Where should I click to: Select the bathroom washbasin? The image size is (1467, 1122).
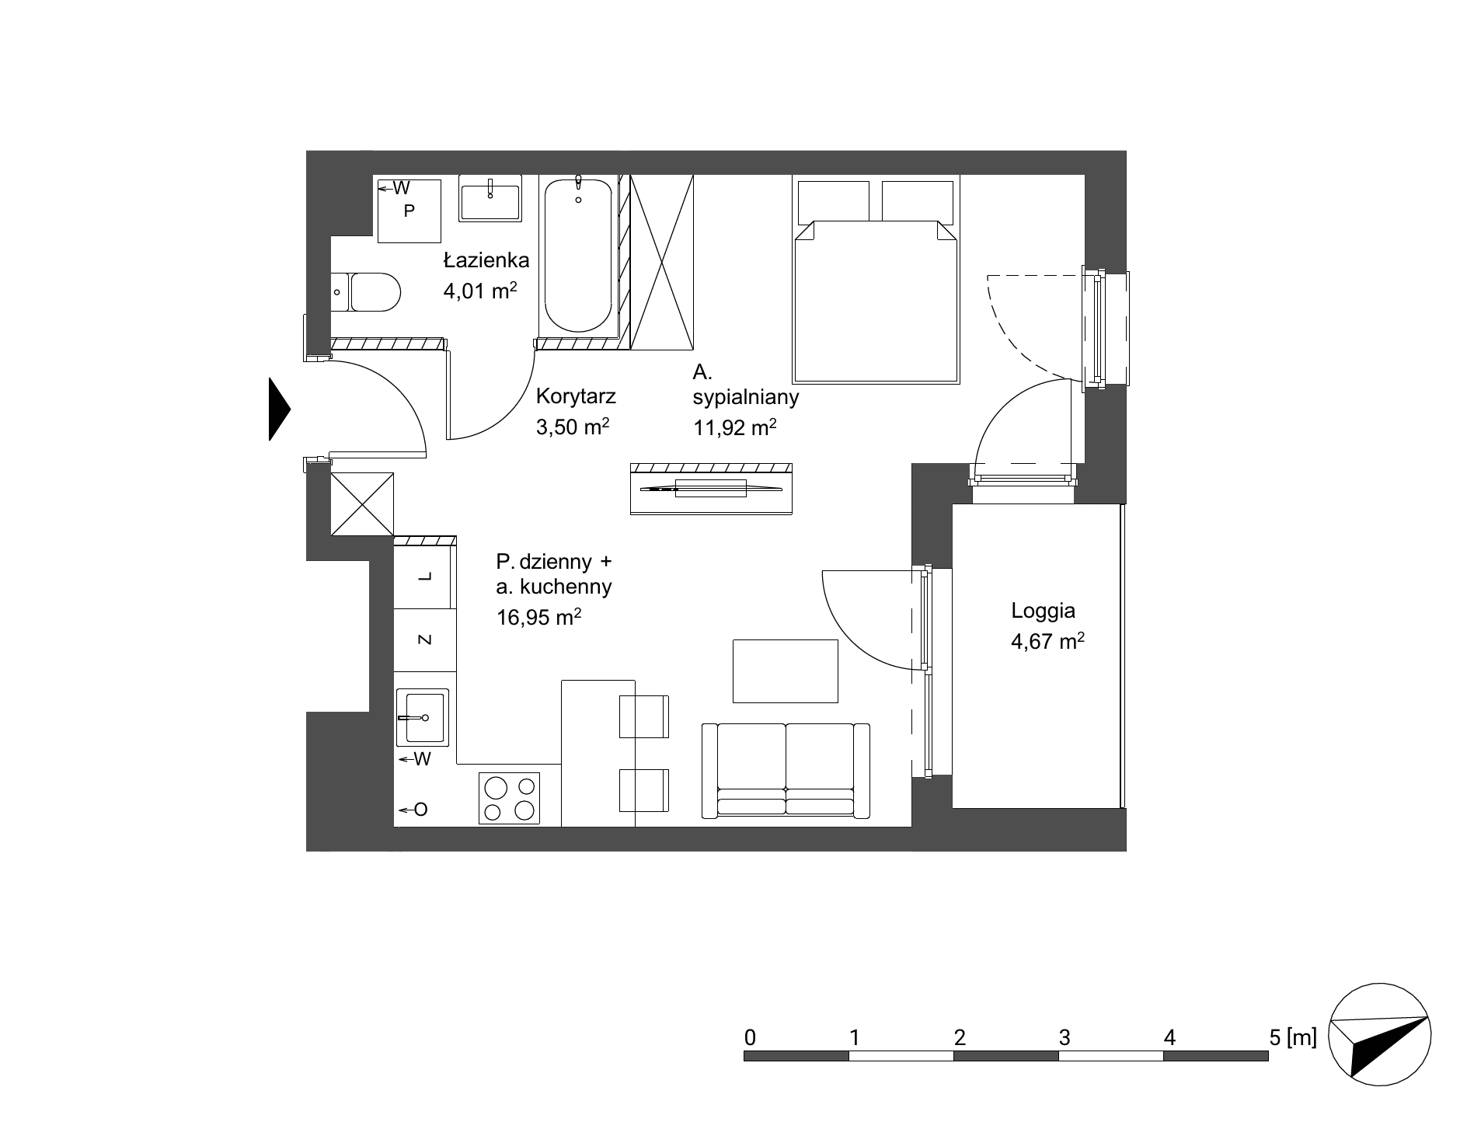click(490, 197)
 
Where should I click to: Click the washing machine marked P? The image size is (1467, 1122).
click(409, 211)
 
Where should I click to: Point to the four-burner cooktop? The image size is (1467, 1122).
click(509, 798)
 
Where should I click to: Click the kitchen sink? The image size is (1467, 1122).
click(422, 716)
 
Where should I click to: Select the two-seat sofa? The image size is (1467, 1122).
click(786, 770)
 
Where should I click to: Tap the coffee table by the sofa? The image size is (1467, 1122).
click(786, 671)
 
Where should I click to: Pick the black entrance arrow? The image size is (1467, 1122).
click(279, 409)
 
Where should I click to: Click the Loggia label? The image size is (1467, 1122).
click(1043, 611)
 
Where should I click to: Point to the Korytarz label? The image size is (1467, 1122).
click(576, 396)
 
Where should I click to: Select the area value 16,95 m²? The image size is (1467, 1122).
click(538, 618)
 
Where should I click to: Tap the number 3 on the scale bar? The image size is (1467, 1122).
click(1065, 1037)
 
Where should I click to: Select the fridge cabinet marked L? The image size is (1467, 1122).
click(424, 577)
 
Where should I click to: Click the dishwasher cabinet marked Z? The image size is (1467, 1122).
click(424, 639)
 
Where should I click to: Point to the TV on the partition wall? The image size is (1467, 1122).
click(711, 488)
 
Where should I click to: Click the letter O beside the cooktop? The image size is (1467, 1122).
click(420, 810)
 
